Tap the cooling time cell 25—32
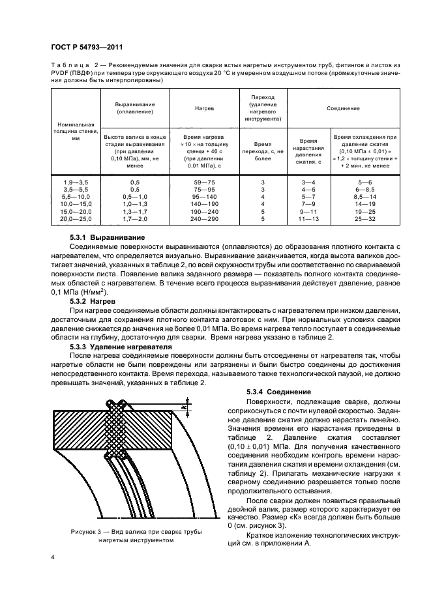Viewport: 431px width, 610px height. coord(364,220)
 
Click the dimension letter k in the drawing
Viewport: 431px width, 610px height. coord(186,408)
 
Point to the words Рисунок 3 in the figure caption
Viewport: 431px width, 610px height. coord(85,532)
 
